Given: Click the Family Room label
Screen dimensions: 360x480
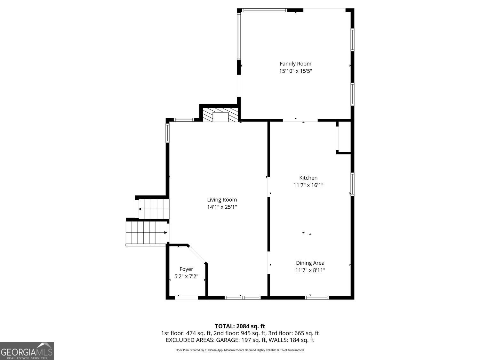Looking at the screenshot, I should tap(295, 64).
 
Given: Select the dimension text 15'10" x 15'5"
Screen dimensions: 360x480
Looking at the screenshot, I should tap(295, 71).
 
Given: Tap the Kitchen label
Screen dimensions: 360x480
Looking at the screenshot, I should tap(308, 178).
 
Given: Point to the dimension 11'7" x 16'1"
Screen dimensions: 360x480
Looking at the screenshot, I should tap(308, 185).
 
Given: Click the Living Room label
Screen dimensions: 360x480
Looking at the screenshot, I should tap(222, 200).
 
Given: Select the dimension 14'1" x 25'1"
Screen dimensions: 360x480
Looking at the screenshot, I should tap(222, 207).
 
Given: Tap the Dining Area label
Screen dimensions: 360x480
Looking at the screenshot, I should tap(310, 263).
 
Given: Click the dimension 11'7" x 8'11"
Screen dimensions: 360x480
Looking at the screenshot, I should tap(310, 270).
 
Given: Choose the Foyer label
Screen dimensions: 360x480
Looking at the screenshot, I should tap(186, 269).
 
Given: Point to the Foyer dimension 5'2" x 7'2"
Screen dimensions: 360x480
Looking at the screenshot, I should tap(186, 276).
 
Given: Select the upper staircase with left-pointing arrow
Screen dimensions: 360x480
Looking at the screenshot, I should tap(153, 209).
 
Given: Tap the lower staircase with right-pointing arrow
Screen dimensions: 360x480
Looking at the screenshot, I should tap(147, 233).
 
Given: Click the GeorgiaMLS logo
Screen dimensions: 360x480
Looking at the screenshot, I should tap(27, 351).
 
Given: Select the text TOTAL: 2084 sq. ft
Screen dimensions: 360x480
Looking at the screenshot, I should tap(240, 326).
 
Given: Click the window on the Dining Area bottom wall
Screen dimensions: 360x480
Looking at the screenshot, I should tap(316, 298).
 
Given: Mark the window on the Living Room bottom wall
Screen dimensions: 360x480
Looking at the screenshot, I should tap(243, 298).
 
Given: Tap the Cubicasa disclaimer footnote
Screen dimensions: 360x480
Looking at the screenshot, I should tap(240, 350).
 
